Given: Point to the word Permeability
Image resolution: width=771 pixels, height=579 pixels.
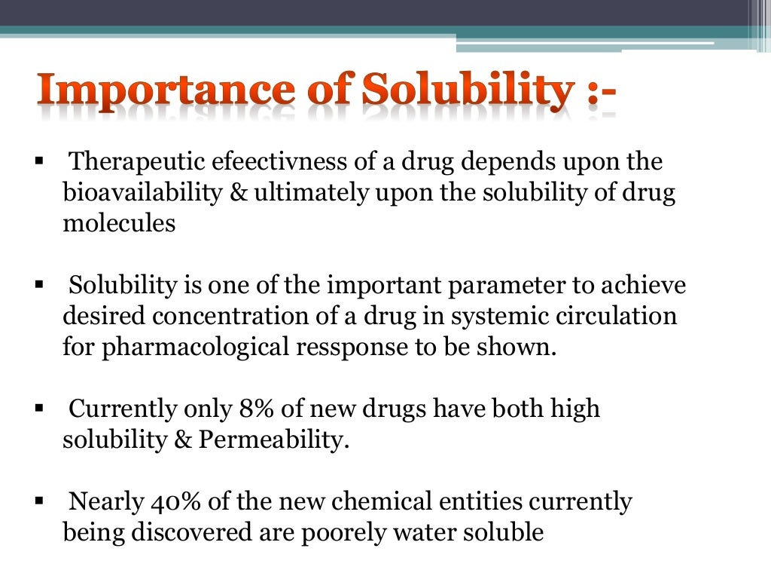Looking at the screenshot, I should (x=274, y=440).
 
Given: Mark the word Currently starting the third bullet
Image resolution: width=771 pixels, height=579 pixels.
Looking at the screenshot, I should (x=124, y=409).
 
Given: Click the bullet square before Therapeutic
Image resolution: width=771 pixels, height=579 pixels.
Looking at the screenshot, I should (x=39, y=163).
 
